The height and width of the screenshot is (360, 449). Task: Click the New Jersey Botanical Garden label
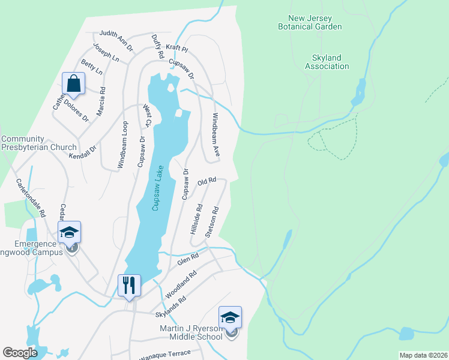pyautogui.click(x=310, y=23)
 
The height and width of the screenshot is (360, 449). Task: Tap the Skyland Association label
pyautogui.click(x=327, y=62)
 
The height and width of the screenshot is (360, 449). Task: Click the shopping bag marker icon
pyautogui.click(x=74, y=84)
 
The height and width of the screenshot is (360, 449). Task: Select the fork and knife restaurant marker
pyautogui.click(x=128, y=286)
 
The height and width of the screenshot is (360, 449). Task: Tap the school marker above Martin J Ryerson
pyautogui.click(x=230, y=318)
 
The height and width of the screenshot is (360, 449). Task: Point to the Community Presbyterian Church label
pyautogui.click(x=39, y=143)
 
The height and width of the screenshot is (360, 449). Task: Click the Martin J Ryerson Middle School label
pyautogui.click(x=191, y=332)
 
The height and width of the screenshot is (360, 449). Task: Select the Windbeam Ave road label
pyautogui.click(x=215, y=136)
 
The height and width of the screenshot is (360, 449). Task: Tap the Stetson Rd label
pyautogui.click(x=211, y=223)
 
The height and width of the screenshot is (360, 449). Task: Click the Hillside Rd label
pyautogui.click(x=195, y=219)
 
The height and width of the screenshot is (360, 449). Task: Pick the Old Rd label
pyautogui.click(x=206, y=181)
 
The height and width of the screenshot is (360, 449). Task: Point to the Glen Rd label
pyautogui.click(x=187, y=260)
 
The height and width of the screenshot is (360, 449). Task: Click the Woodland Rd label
pyautogui.click(x=181, y=285)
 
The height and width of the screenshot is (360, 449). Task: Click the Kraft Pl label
pyautogui.click(x=177, y=47)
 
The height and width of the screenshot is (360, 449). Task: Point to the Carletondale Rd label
pyautogui.click(x=31, y=197)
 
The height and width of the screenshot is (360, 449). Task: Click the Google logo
pyautogui.click(x=20, y=353)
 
